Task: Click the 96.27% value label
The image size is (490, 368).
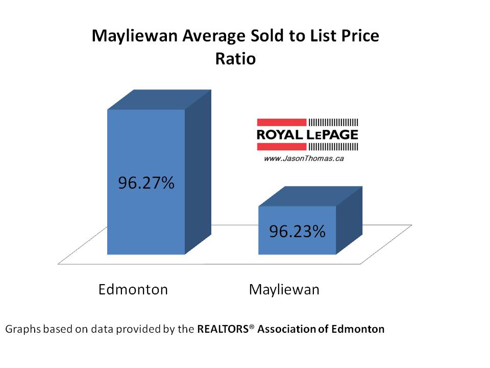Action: coord(146,183)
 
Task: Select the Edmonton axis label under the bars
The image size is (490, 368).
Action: coord(133,290)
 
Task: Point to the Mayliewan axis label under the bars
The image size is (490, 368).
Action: coord(284,290)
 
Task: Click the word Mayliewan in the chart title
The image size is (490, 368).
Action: coord(131,36)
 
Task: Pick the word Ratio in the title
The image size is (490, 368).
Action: coord(235,59)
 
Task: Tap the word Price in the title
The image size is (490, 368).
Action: coord(358,36)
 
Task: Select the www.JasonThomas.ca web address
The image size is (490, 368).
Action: coord(303,159)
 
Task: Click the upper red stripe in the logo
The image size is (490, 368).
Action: coord(281,122)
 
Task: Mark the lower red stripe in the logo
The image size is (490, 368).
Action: coord(281,147)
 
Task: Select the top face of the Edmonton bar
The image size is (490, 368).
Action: coord(158,100)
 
